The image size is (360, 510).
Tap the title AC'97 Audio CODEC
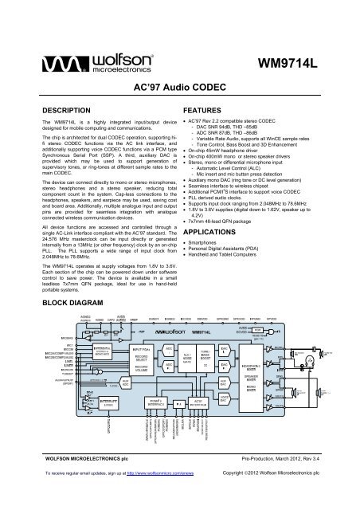pyautogui.click(x=180, y=84)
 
